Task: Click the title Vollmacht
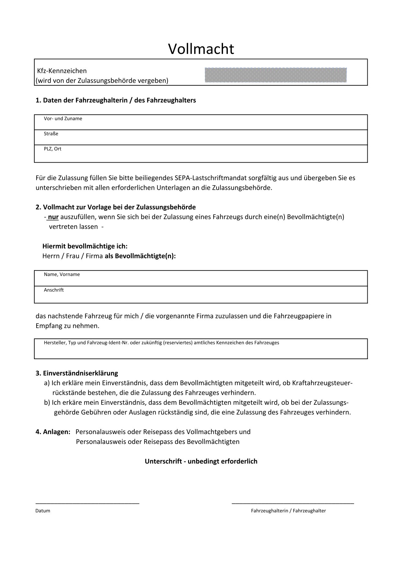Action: [201, 49]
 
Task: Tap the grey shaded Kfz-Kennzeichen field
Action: [276, 75]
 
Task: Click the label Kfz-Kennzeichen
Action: [62, 71]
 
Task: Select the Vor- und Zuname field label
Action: [63, 119]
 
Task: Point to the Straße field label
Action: [51, 134]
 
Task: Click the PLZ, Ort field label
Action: [52, 149]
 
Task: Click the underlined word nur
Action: [53, 217]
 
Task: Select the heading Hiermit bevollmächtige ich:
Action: [85, 246]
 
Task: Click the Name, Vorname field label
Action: [61, 274]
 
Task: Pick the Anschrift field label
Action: [53, 290]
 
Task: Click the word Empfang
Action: [49, 326]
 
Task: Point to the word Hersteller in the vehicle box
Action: [55, 343]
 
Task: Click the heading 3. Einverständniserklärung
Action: [77, 373]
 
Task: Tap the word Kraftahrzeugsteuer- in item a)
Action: [322, 383]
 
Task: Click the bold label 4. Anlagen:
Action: [53, 432]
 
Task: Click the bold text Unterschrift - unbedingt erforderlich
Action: [201, 461]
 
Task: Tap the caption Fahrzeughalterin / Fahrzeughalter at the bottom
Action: [288, 511]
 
